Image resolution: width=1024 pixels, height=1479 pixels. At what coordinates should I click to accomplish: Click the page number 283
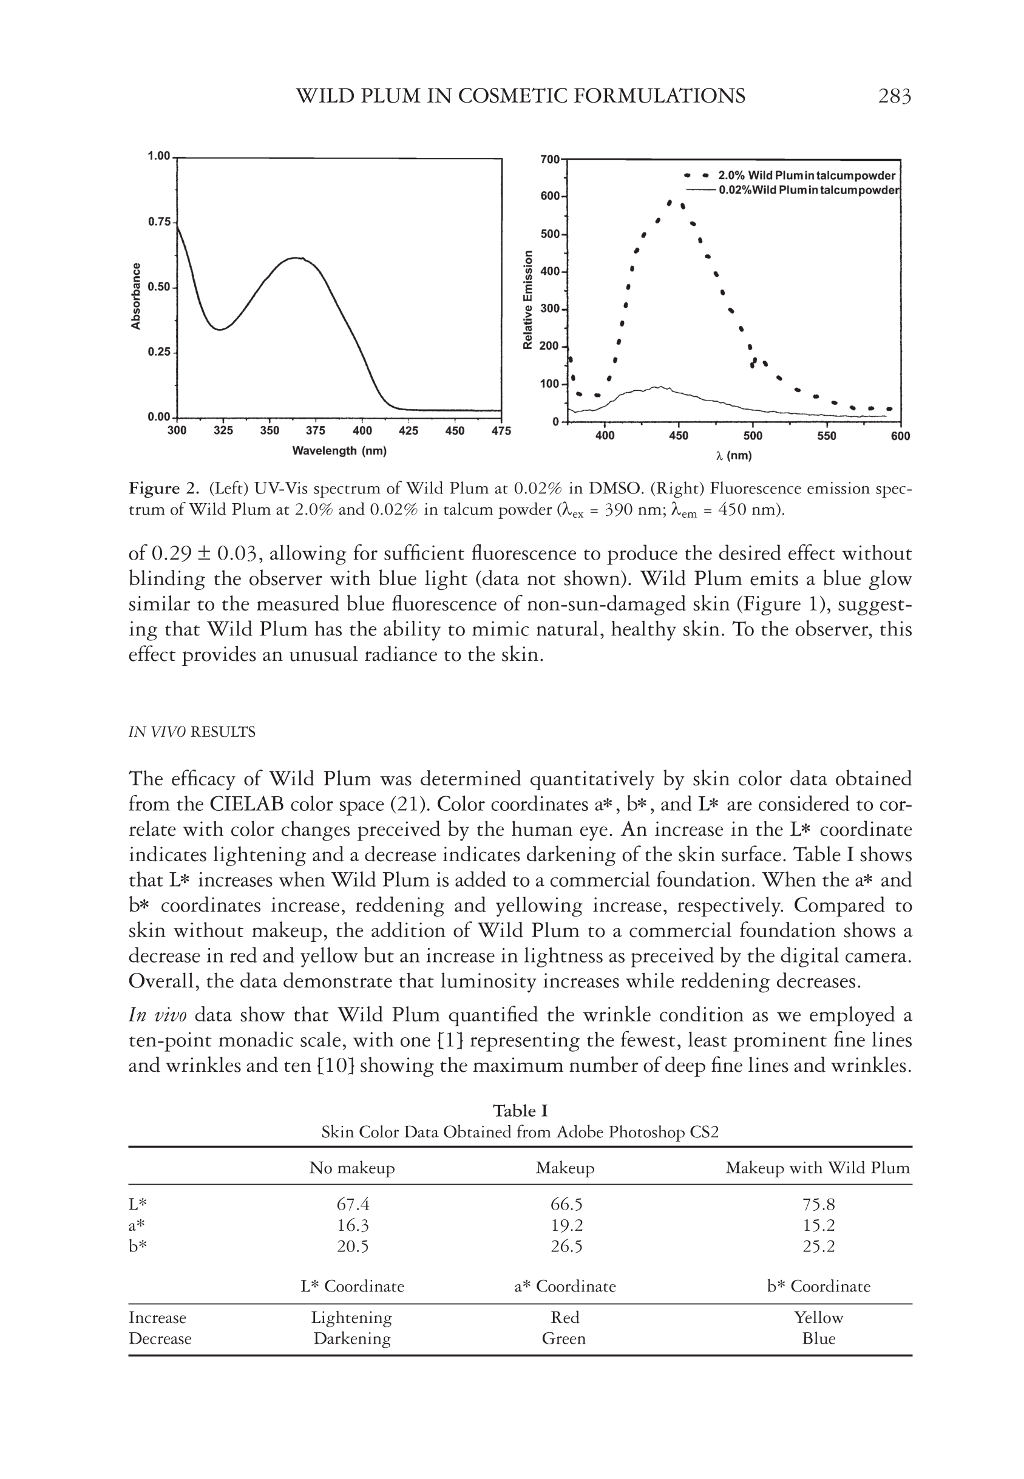pos(893,96)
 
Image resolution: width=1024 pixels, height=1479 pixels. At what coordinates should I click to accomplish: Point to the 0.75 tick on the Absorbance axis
pos(159,222)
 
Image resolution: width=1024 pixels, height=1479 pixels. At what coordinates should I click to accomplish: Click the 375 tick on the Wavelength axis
pos(315,431)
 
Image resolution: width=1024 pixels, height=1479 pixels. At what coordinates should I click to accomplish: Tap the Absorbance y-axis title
pos(136,296)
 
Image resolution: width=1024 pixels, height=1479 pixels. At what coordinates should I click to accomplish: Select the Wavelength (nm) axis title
pos(339,451)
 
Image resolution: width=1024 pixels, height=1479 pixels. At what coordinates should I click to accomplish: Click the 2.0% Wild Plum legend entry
pos(806,176)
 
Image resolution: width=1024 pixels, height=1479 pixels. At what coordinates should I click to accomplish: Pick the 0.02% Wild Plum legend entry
pos(809,191)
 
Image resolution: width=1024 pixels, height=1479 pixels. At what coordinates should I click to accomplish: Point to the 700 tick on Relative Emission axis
pos(550,159)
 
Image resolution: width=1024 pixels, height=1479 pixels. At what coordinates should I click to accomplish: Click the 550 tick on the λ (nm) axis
pos(826,436)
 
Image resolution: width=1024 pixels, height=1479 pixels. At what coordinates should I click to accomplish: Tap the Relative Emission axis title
pos(528,300)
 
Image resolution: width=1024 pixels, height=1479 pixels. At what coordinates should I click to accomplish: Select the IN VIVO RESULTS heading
pos(192,732)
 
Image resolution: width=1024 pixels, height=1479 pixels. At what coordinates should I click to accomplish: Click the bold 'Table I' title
pos(520,1111)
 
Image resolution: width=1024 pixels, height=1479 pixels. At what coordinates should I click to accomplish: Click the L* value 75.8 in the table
pos(818,1205)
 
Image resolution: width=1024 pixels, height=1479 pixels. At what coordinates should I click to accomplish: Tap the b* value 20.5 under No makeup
pos(352,1246)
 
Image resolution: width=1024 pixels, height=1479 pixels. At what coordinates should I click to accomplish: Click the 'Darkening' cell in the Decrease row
pos(351,1339)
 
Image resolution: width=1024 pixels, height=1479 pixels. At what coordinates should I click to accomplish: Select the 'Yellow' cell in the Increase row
pos(818,1318)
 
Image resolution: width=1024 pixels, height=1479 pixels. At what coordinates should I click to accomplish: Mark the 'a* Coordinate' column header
pos(565,1286)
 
